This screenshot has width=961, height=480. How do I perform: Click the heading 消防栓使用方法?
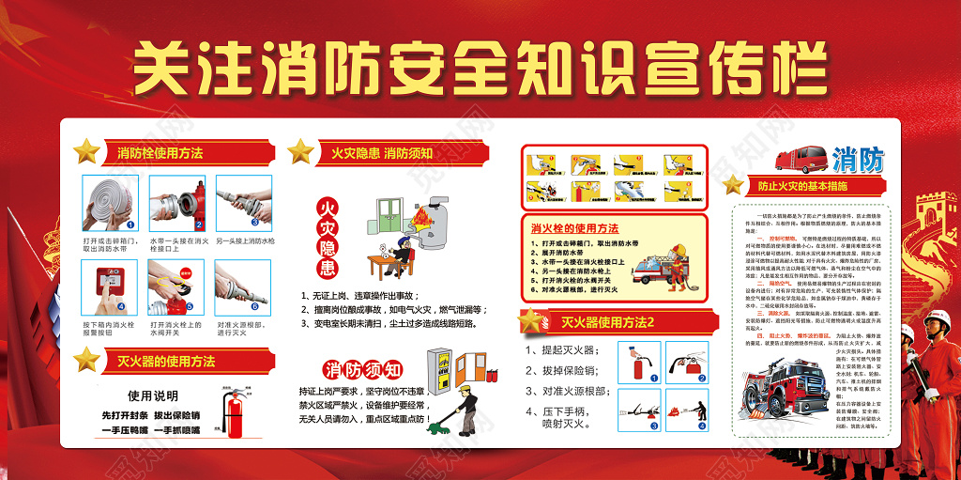[x=160, y=153]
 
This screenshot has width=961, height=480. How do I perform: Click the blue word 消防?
[x=857, y=161]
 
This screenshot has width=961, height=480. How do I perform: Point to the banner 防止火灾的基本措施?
[x=809, y=186]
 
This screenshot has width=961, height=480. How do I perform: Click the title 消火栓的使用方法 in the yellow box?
[x=574, y=228]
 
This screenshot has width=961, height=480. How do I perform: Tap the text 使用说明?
[x=153, y=395]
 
